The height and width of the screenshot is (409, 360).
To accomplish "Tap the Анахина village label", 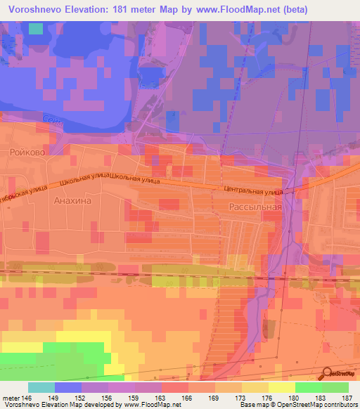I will click(72, 200).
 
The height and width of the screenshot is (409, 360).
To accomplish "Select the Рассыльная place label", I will click(255, 207).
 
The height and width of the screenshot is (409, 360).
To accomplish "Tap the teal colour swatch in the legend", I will click(41, 387).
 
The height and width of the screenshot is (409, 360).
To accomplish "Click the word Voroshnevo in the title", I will click(34, 8).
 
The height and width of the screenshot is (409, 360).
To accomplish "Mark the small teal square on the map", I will click(35, 29).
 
